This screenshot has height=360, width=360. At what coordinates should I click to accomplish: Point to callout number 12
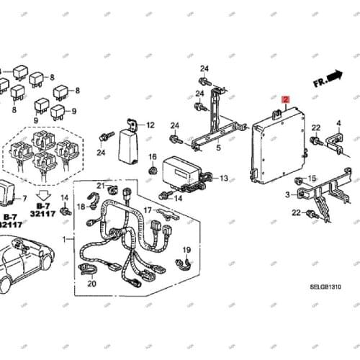(150, 125)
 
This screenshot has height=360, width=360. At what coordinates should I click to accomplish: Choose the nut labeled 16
(153, 170)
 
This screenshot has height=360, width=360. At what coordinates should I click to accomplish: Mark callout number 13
(223, 178)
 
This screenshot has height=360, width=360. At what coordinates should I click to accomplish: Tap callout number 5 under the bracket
(218, 149)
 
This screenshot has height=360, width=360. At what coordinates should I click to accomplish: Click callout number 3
(288, 195)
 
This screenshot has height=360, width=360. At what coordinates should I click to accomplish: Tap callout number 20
(91, 284)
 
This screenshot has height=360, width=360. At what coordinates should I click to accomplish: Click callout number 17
(147, 210)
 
